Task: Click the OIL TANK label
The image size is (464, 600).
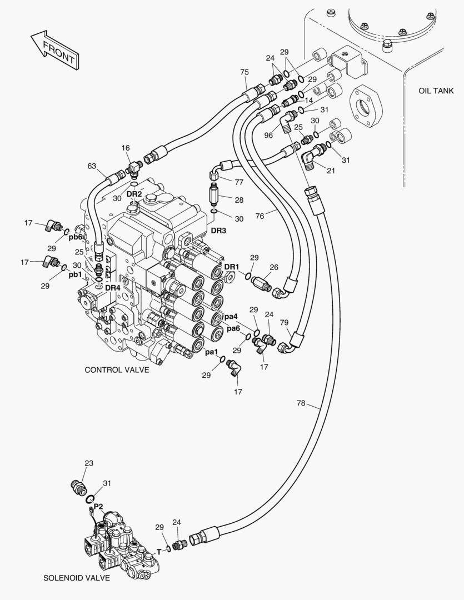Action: click(x=436, y=91)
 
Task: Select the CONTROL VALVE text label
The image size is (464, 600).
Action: click(x=117, y=370)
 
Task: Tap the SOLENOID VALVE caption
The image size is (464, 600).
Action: click(x=77, y=578)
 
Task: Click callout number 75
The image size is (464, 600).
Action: click(x=244, y=72)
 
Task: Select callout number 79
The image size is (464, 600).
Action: click(x=284, y=323)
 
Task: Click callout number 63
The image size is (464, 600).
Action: click(x=92, y=166)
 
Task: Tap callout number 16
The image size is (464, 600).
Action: click(x=126, y=148)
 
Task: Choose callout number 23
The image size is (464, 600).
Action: click(x=89, y=463)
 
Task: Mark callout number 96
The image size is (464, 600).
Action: click(x=268, y=134)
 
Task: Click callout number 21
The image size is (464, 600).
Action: click(x=331, y=171)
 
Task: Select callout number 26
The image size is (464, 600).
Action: click(x=274, y=267)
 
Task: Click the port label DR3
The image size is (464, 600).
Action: click(x=218, y=230)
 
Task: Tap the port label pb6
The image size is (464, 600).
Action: click(x=76, y=237)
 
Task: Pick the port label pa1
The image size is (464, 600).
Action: click(x=211, y=352)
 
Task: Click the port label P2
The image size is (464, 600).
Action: click(x=98, y=506)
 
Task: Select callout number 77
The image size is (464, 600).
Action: click(x=239, y=182)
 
